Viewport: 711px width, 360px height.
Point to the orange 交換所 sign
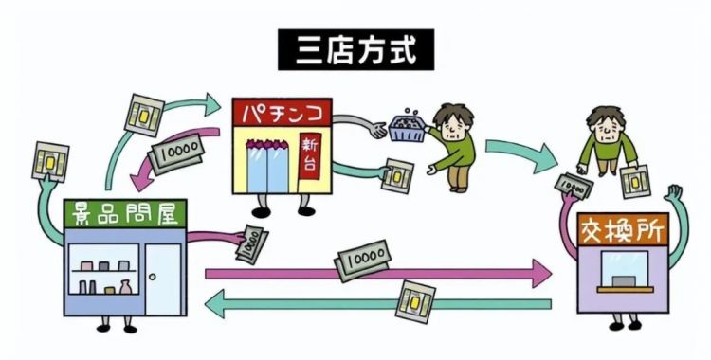coord(622,228)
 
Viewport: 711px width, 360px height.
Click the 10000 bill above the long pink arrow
coord(362,256)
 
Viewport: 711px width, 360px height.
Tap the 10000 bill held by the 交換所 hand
coord(572,185)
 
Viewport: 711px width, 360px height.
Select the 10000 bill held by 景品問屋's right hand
coord(247,244)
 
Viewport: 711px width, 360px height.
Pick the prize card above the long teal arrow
coord(418,300)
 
